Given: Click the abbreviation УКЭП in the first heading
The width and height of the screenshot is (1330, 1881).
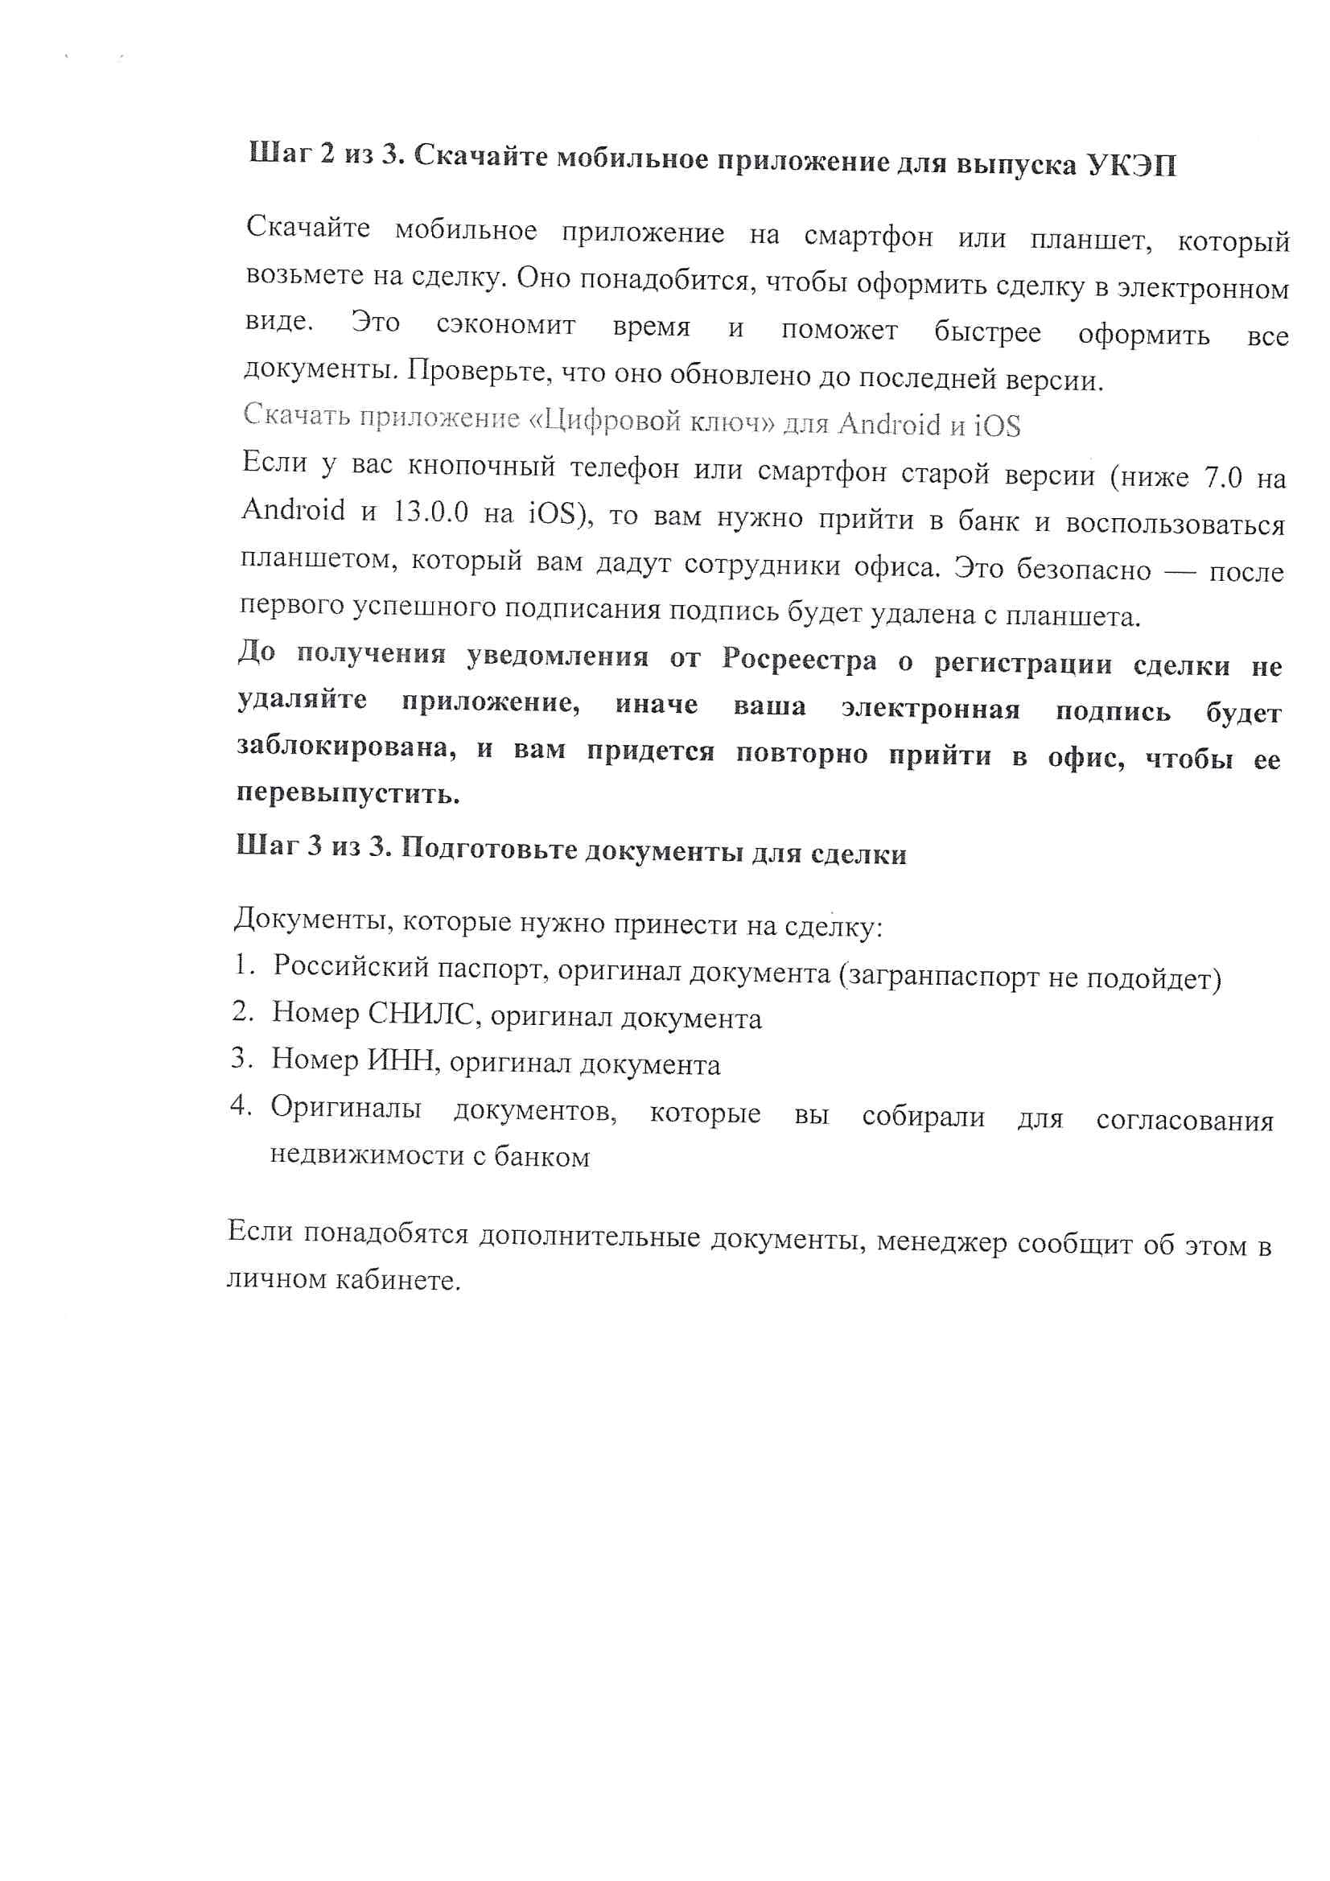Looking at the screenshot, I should tap(1131, 166).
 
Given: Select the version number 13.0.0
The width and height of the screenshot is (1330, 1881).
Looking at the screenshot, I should tap(431, 512).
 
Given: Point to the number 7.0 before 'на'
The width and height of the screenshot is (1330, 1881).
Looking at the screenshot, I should tap(1223, 477).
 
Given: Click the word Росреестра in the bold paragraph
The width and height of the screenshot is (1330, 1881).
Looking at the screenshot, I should tap(799, 661).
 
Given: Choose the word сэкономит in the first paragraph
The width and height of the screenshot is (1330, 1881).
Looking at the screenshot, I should tap(505, 325).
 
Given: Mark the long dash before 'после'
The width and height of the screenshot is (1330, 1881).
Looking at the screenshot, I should tap(1180, 571).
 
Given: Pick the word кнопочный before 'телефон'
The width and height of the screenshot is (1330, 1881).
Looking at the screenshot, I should tap(481, 467).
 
